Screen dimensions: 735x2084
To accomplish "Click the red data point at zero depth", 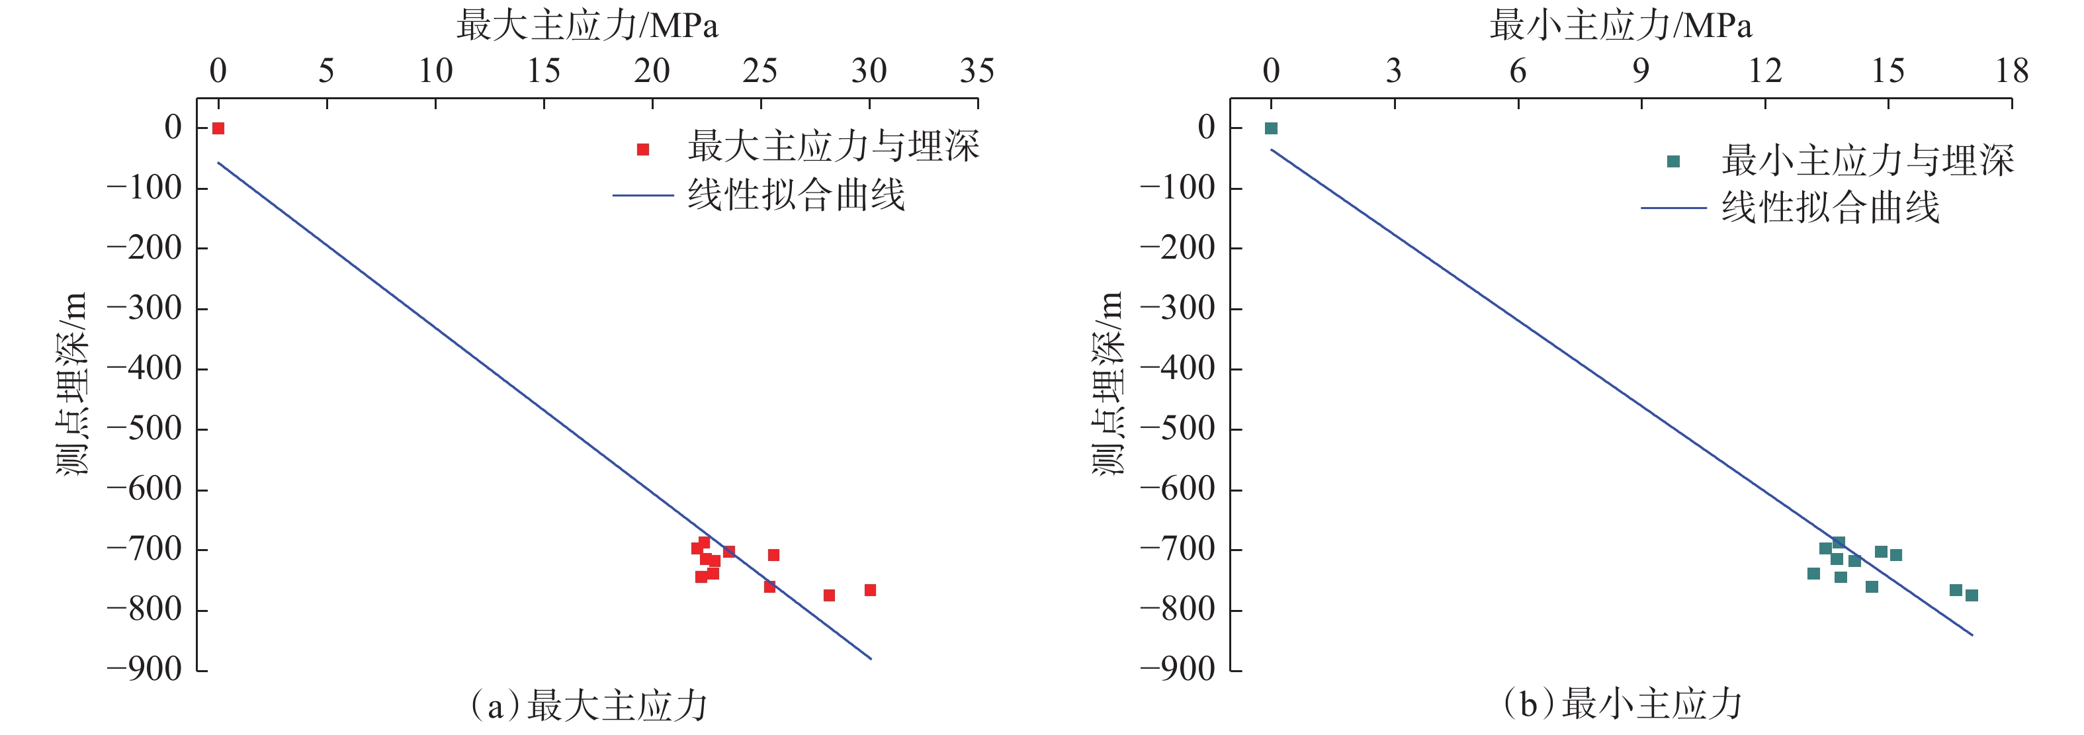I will click(x=218, y=128).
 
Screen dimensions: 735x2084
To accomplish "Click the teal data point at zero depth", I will click(x=1270, y=128).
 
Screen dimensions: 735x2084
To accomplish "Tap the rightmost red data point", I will click(x=870, y=590).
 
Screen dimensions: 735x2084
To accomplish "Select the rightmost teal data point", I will click(x=1972, y=595).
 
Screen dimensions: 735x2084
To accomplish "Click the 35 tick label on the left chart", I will click(x=977, y=71).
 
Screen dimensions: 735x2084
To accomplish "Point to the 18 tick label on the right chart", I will click(x=2011, y=71).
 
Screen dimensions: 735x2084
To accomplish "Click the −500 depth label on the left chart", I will click(x=145, y=429).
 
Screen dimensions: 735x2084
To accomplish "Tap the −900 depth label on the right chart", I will click(x=1178, y=670).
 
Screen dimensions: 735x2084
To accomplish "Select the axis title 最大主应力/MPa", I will click(x=587, y=26).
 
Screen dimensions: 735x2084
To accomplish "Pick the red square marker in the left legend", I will click(x=643, y=150).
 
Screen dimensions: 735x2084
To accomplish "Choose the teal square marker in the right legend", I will click(x=1673, y=161).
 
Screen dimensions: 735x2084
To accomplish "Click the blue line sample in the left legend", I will click(x=643, y=196).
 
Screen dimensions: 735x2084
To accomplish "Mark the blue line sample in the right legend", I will click(x=1673, y=208).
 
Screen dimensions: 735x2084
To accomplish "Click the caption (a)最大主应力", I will click(x=589, y=705).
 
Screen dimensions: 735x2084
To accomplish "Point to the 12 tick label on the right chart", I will click(x=1764, y=71).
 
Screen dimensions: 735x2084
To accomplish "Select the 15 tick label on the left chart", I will click(x=544, y=71).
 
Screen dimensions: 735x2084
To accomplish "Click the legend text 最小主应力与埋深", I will click(x=1867, y=160).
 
